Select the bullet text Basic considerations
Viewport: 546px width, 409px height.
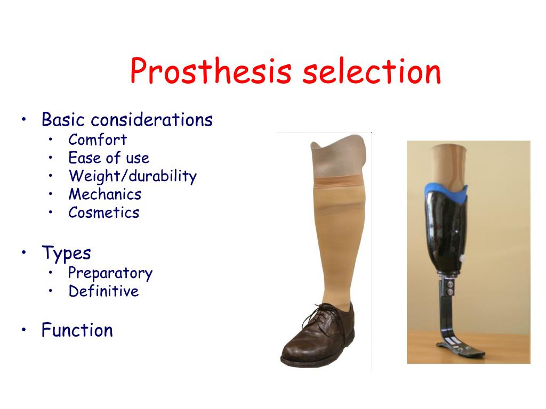(x=127, y=120)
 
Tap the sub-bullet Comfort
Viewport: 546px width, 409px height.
(x=98, y=140)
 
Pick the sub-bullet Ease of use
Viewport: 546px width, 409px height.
(x=109, y=158)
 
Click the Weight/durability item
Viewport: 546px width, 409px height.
(x=132, y=176)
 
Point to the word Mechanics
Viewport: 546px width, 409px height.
(x=105, y=194)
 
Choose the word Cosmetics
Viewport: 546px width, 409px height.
(x=103, y=212)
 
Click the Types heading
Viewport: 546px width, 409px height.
(x=66, y=253)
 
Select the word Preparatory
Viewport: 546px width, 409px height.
(x=110, y=273)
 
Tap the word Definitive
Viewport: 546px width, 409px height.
(x=103, y=291)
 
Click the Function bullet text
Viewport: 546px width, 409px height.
(x=77, y=330)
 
